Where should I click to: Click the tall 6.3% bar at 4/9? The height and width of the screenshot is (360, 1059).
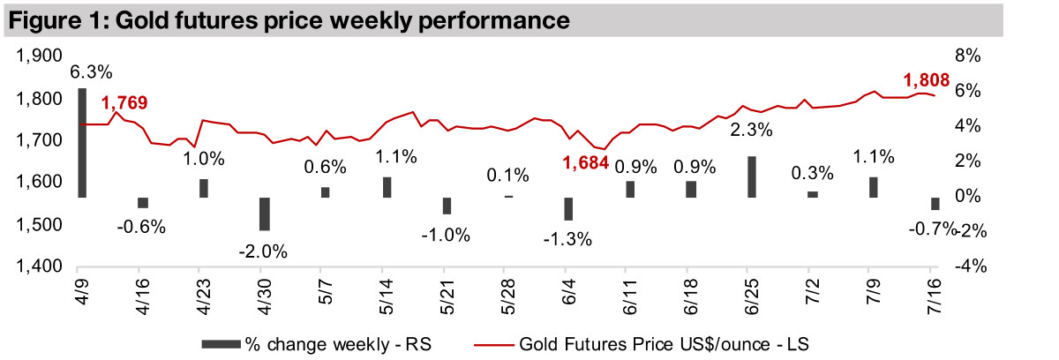click(x=82, y=142)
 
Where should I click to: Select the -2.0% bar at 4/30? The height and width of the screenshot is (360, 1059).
click(x=264, y=214)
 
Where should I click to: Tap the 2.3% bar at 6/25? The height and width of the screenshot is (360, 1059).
click(x=752, y=176)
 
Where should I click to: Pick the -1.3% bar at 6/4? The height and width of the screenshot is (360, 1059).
click(x=569, y=208)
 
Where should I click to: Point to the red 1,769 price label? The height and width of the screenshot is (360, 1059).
click(x=124, y=104)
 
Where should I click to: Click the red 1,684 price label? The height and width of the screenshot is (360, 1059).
click(x=587, y=161)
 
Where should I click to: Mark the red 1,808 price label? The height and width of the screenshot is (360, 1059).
click(x=926, y=81)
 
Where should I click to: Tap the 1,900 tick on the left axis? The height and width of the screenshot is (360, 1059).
click(x=37, y=56)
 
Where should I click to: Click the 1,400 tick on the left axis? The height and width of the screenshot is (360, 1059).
click(x=37, y=266)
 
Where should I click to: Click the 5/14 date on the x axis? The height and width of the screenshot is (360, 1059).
click(x=384, y=298)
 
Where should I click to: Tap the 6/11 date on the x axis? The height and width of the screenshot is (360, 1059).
click(x=628, y=298)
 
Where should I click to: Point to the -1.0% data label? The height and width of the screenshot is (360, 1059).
click(x=446, y=236)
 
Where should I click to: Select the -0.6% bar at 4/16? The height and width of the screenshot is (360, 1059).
click(x=143, y=203)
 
